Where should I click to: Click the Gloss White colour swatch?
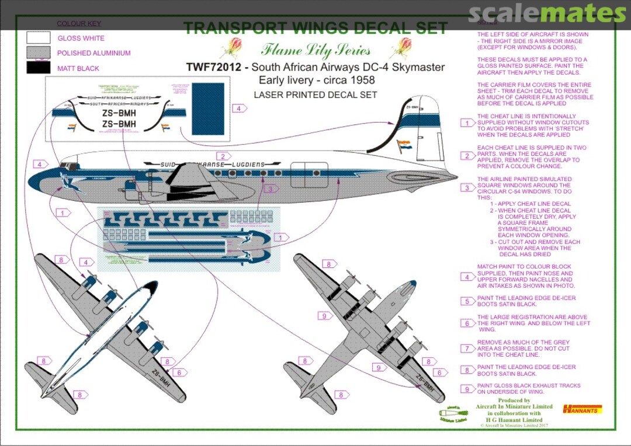coord(38,38)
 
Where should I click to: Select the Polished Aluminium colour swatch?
coord(38,53)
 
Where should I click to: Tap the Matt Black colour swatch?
coord(38,68)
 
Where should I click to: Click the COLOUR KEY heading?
coord(79,23)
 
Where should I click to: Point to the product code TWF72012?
coord(213,67)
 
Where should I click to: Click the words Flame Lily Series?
coord(315,50)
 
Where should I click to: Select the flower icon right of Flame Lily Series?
coord(404,47)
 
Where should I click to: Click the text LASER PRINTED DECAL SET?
coord(315,95)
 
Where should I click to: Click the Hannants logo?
coord(582,409)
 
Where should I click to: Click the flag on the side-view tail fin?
coord(404,144)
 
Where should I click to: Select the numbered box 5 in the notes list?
coord(467,301)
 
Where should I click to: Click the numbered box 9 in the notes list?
coord(467,389)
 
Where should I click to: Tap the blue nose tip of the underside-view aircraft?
coord(412,285)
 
